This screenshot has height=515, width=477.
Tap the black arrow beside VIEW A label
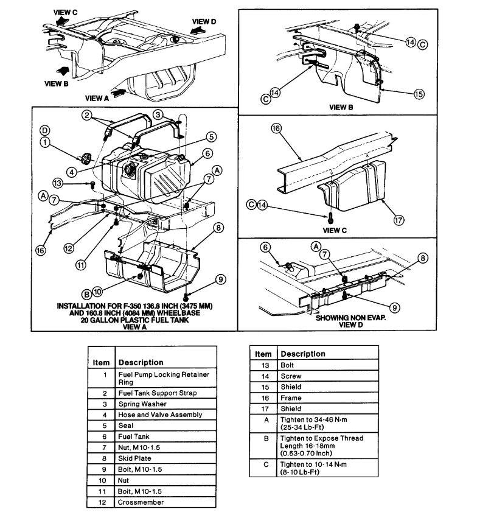point(120,92)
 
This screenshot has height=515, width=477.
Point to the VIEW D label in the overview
point(204,21)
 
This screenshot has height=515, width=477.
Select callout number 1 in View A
point(44,142)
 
